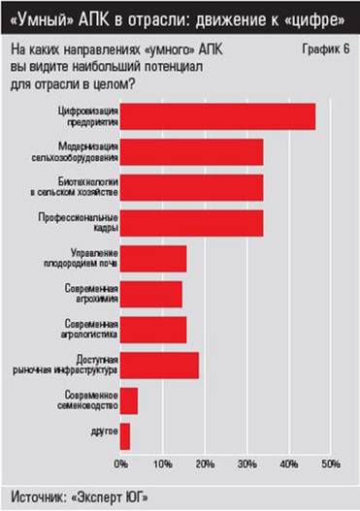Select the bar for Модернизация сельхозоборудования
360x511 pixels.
(x=192, y=152)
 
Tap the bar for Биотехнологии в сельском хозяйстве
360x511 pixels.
(x=192, y=187)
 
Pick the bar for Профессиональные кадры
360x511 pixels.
(x=192, y=222)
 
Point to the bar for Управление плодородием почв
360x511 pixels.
(x=153, y=259)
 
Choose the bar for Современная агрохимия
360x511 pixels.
(x=151, y=294)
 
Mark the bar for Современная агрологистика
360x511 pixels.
(x=153, y=329)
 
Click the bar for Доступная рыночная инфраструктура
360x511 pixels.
(x=159, y=365)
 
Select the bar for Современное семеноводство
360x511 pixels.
(x=129, y=400)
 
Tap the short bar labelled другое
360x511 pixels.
(x=125, y=435)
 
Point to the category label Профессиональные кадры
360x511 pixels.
(x=83, y=222)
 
